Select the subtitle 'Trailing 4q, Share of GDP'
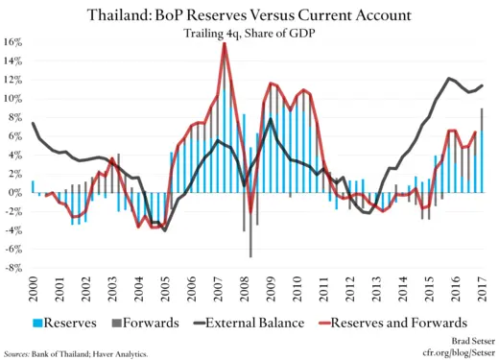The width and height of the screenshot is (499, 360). (x=249, y=35)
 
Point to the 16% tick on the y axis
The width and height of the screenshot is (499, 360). (x=14, y=42)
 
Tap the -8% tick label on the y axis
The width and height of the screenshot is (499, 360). (x=14, y=268)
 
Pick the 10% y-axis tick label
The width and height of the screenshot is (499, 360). (x=14, y=98)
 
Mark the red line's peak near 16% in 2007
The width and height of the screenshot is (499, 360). (x=225, y=44)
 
